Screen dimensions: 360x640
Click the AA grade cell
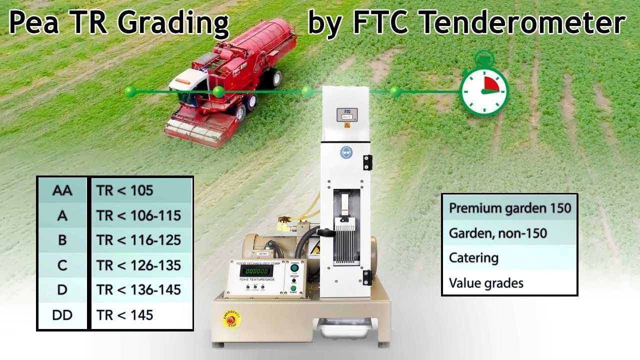(62, 190)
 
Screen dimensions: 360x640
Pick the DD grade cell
(62, 315)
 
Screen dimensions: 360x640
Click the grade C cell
(62, 265)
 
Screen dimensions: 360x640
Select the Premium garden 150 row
(509, 208)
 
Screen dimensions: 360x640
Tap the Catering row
(509, 258)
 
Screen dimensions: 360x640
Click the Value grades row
(509, 283)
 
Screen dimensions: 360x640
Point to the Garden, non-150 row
(509, 233)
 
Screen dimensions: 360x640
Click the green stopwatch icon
(483, 89)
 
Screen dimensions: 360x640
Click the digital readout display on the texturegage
(257, 270)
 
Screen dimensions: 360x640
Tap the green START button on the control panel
(293, 288)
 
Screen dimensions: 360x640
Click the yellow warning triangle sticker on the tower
(346, 126)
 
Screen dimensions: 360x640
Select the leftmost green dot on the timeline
(130, 91)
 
